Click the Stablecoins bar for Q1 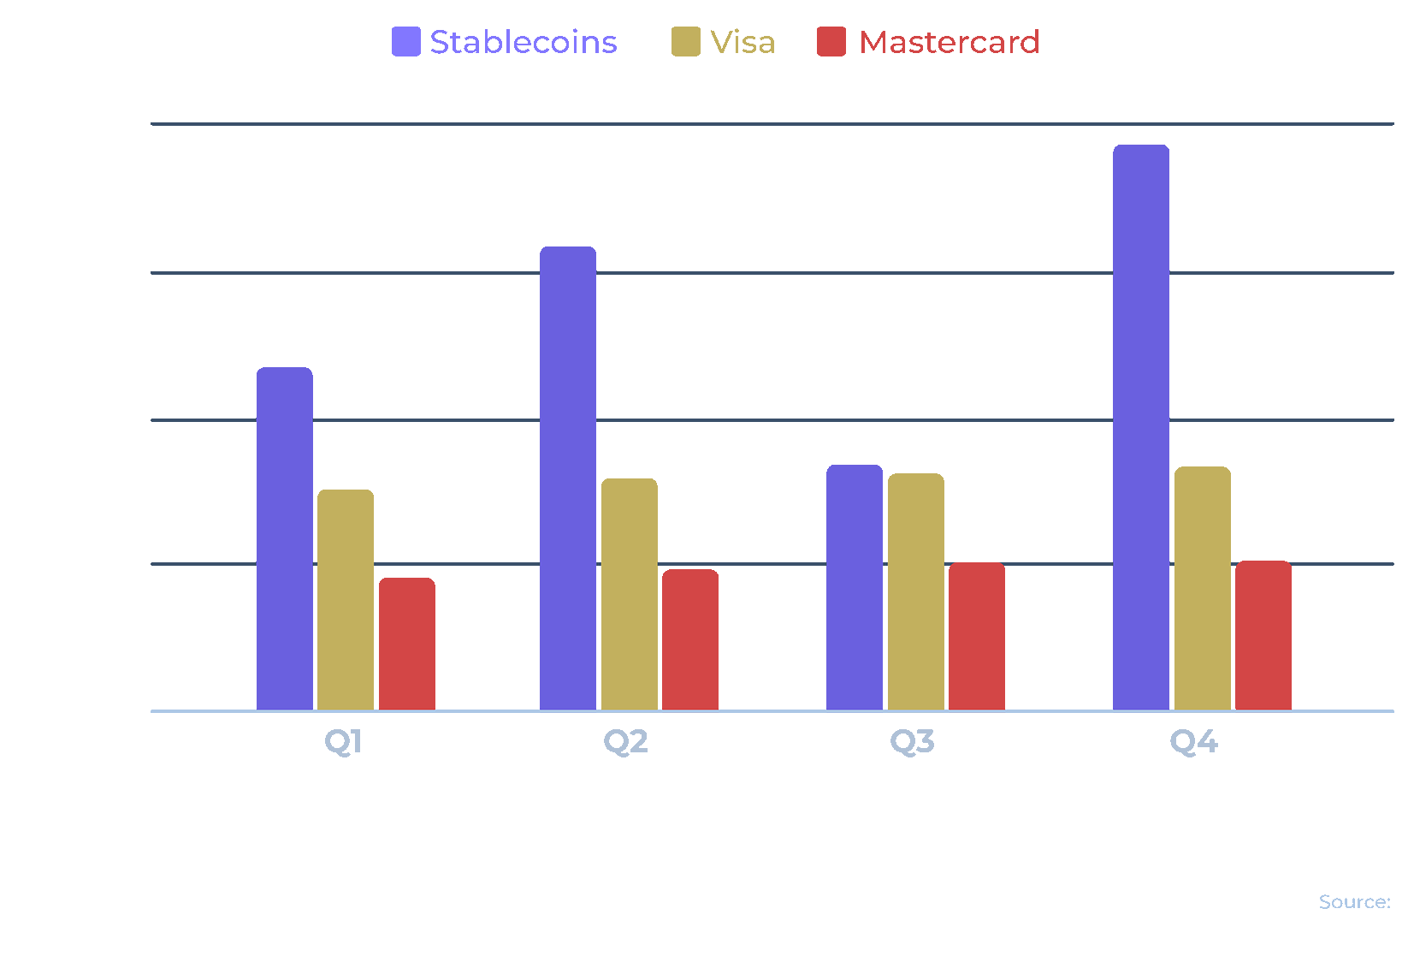click(285, 539)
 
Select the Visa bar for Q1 click(346, 600)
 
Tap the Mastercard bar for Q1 click(407, 644)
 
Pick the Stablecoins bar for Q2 click(568, 478)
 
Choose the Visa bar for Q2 click(630, 594)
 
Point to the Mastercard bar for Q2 click(690, 639)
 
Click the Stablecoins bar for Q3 click(855, 587)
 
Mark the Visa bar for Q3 click(916, 591)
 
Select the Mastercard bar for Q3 click(977, 636)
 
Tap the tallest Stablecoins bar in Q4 click(1141, 428)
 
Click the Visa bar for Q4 click(1203, 588)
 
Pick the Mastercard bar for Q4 click(1263, 635)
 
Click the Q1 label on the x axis click(343, 741)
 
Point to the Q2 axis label click(626, 741)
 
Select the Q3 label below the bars click(913, 741)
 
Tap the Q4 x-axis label click(1194, 741)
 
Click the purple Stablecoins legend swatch click(406, 42)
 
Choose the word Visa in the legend click(742, 42)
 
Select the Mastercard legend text click(950, 42)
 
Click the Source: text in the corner click(1355, 902)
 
